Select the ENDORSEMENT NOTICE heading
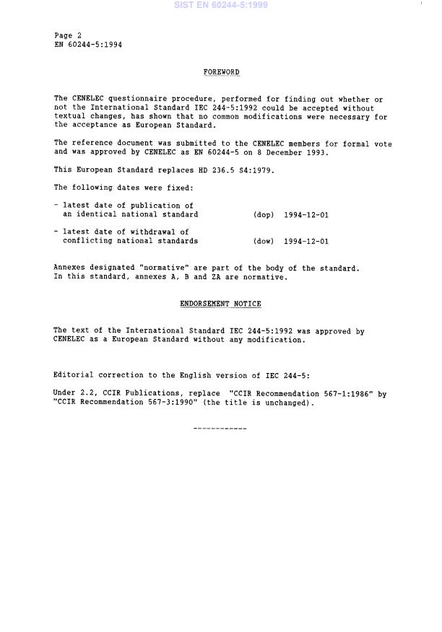pos(220,304)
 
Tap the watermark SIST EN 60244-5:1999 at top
pos(220,5)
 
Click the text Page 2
pos(68,35)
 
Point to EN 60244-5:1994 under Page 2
pos(88,44)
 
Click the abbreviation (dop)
pos(264,215)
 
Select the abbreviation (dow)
pos(264,242)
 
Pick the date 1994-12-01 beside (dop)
pos(306,215)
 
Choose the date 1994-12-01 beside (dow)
pos(306,242)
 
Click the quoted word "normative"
pos(161,268)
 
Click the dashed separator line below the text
pos(220,429)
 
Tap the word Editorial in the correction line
pos(74,376)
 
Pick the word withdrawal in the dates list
pos(148,232)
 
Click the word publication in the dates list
pos(152,206)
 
